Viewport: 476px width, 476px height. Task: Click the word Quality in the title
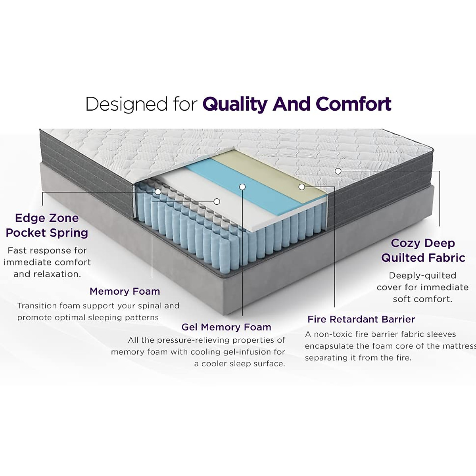235,104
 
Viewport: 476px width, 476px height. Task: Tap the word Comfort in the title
353,104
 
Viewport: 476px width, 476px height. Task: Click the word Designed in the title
126,104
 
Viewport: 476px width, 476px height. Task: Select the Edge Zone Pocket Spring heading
47,225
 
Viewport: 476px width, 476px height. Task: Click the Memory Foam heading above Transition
125,291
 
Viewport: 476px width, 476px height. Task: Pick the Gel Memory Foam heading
226,327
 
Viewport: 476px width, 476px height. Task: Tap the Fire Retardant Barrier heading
361,319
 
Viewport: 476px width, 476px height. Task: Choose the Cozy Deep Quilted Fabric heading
423,250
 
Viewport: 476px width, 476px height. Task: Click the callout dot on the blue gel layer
242,186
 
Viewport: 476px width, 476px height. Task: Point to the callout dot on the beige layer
302,186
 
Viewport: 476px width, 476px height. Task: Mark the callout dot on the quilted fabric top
338,171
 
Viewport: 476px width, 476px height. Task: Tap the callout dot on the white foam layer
217,202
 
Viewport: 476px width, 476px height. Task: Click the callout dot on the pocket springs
158,192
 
